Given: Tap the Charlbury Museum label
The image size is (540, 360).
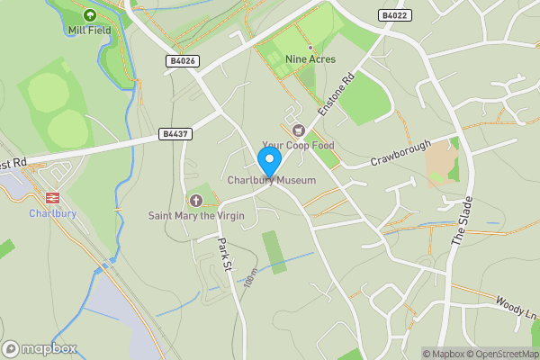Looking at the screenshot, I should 272,181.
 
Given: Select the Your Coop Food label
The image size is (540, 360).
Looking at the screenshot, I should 298,145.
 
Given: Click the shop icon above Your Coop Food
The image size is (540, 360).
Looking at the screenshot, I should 299,130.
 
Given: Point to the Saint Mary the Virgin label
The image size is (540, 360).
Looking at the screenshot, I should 196,216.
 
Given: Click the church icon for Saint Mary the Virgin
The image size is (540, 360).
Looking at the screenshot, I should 196,200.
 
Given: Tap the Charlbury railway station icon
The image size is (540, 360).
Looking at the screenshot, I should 51,197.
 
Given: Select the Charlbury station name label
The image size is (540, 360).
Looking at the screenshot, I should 51,213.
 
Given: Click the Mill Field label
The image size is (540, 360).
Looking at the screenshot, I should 88,30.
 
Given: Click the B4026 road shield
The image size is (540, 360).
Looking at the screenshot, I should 182,60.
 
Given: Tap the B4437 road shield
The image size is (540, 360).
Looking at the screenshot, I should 174,134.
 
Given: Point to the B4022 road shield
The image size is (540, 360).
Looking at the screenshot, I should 394,15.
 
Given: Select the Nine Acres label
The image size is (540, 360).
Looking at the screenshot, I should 310,59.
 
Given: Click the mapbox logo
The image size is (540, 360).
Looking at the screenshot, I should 40,348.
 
